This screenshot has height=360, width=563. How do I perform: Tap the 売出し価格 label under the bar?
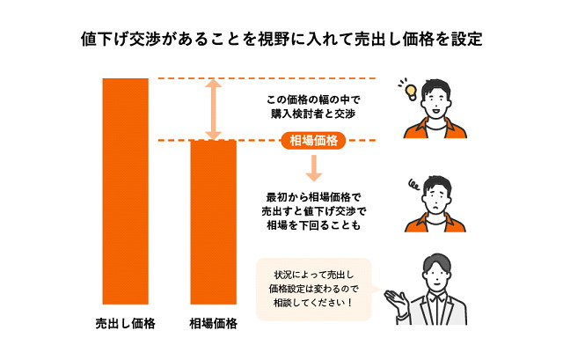click(125, 324)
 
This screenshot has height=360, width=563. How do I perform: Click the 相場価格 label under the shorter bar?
click(214, 324)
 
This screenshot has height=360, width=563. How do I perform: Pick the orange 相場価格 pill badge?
click(312, 140)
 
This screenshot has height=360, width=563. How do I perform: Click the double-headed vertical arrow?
click(212, 109)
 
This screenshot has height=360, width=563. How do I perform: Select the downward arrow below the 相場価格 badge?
click(312, 166)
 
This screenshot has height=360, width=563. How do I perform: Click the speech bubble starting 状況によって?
click(313, 289)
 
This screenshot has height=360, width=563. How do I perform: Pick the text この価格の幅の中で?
click(312, 99)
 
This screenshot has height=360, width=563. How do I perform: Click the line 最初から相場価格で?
click(312, 195)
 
